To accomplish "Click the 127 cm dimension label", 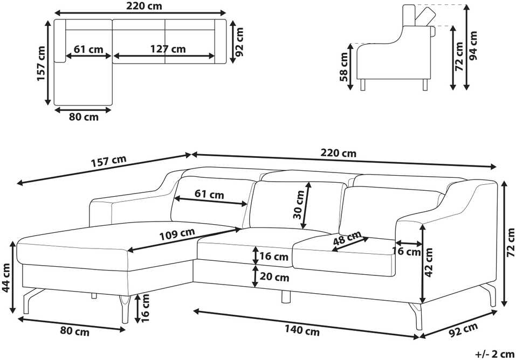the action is (x=168, y=49).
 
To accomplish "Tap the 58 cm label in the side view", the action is (x=343, y=66).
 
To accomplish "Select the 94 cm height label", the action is (x=473, y=46).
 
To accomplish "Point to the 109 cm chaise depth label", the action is (x=177, y=234).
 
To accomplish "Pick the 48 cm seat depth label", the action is (x=347, y=238).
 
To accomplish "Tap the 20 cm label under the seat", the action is (x=274, y=277).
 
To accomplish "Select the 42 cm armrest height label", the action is (x=429, y=262).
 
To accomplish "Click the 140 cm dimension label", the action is (x=302, y=330).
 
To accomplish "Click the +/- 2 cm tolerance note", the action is (x=494, y=354).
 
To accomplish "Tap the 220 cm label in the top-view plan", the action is (x=144, y=6).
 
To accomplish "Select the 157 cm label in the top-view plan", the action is (x=41, y=64).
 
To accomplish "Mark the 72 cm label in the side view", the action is (x=459, y=57).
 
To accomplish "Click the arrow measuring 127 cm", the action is (x=164, y=56).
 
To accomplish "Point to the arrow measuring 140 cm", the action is (x=306, y=323).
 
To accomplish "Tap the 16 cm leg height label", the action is (x=145, y=308).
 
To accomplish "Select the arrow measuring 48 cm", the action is (x=350, y=245).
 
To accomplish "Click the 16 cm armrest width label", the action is (x=407, y=251).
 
